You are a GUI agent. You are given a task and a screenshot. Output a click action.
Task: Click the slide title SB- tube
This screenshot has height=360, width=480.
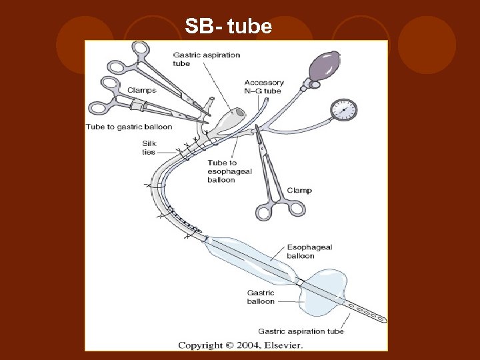point(229,27)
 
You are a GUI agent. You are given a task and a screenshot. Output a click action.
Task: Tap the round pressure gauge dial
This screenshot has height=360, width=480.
point(344,109)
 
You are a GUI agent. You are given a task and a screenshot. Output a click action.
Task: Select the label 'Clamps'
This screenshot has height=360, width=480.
point(141,90)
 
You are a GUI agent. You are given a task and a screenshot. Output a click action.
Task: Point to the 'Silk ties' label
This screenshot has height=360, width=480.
point(149,147)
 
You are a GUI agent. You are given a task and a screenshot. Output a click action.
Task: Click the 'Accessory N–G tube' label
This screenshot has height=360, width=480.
point(264,87)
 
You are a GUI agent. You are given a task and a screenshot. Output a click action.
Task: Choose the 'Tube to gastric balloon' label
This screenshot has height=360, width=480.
point(129,127)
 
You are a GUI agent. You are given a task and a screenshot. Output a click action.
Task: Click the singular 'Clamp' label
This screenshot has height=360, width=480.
point(299,191)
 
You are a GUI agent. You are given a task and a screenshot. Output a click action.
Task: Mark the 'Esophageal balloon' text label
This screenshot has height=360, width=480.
point(309,251)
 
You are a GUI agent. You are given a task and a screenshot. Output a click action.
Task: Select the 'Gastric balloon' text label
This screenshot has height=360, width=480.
point(261,297)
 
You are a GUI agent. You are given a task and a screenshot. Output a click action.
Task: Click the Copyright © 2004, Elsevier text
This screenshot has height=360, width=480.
point(239,345)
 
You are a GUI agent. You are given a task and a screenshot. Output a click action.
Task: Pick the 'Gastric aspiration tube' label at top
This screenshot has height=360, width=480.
point(206,59)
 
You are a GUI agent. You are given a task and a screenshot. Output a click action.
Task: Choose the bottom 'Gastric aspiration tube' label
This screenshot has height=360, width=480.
point(301,331)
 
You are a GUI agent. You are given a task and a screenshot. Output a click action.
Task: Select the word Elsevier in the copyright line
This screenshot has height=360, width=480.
point(282,345)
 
